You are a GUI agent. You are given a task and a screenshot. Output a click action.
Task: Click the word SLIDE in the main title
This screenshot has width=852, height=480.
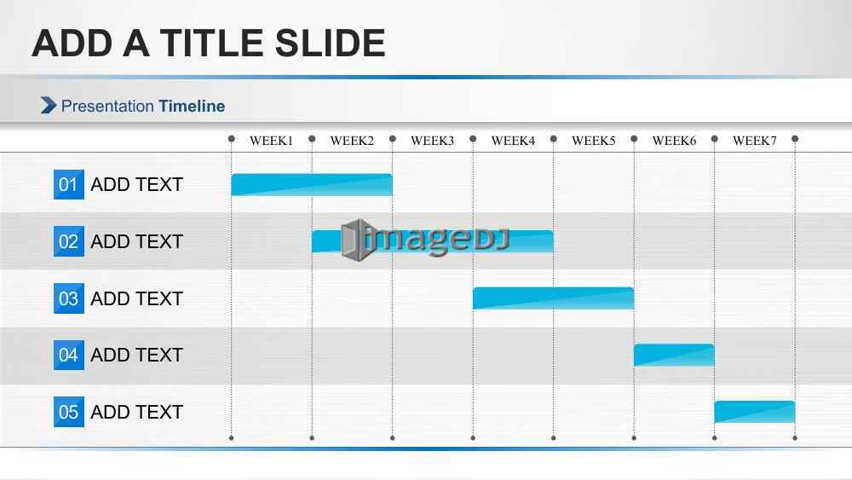pos(330,43)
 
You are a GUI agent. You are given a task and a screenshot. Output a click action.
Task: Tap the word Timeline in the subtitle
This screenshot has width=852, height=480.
pos(192,106)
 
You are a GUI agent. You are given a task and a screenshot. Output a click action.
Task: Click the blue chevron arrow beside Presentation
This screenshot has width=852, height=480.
pos(49,106)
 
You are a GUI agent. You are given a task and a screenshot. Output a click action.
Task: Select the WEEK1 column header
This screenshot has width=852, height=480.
pos(271,141)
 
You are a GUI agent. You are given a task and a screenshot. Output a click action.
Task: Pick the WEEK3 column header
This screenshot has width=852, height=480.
pos(433,141)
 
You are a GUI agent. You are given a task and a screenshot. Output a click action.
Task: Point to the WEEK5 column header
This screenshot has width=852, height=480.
pos(593,141)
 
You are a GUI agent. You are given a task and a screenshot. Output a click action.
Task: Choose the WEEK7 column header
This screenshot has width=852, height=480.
pos(755,141)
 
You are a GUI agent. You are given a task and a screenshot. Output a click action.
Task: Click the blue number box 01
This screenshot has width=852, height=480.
pos(68,184)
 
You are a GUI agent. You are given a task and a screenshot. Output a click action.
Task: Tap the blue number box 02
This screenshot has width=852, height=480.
pos(68,241)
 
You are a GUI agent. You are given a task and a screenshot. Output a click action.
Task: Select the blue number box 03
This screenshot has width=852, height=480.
pos(68,298)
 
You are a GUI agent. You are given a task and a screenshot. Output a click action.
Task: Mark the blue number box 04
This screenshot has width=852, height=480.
pos(68,355)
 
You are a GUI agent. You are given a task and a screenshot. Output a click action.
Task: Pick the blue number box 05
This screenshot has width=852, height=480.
pos(68,412)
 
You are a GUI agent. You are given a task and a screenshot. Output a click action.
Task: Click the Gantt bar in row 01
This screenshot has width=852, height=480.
pos(311,185)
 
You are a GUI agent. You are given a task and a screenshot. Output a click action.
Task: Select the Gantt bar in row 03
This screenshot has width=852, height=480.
pos(553,298)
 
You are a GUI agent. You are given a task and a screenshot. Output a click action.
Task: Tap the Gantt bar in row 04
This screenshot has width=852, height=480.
pos(674,355)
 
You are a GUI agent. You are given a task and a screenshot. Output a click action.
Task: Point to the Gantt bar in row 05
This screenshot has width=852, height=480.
pos(754,412)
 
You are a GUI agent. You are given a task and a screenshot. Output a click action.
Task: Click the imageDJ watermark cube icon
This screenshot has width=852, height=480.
pos(357,240)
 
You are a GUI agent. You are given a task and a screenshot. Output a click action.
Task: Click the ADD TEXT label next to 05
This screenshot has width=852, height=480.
pos(136,412)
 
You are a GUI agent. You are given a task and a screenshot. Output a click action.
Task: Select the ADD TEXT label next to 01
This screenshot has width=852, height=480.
pos(136,184)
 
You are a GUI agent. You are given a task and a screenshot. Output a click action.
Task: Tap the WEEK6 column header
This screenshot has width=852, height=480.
pos(674,141)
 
